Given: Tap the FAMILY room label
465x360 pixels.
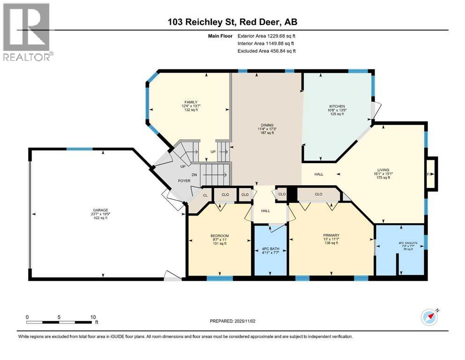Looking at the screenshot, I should (x=190, y=102).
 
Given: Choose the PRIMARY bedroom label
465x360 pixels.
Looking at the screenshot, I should (x=331, y=235).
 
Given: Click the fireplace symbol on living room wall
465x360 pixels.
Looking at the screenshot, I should (x=431, y=174).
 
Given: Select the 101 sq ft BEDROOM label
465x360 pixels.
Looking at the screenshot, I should (x=219, y=243).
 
